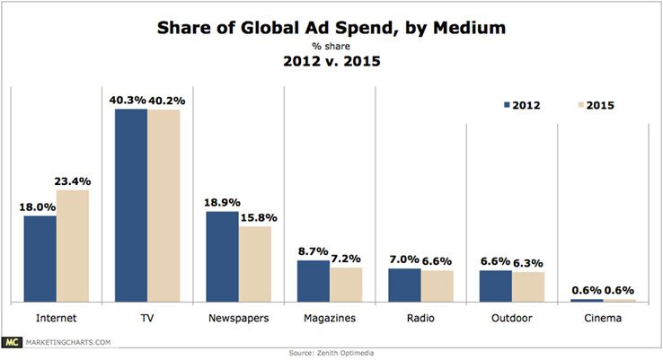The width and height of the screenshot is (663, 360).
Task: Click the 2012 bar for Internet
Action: [40, 259]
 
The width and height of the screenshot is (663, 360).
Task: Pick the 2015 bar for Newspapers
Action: [255, 264]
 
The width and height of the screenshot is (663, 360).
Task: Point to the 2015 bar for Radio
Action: [438, 285]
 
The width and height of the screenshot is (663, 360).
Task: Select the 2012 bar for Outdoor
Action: [496, 285]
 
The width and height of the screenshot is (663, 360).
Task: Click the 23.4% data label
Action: [74, 180]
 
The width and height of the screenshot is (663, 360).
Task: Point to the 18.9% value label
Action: [223, 203]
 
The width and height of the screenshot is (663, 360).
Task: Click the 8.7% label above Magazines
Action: [313, 252]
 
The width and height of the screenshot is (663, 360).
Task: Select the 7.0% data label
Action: [404, 259]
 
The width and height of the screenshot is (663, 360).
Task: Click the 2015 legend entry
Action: [594, 105]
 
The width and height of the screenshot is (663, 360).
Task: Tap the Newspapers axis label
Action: [238, 318]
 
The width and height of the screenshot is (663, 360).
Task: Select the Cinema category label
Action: [602, 318]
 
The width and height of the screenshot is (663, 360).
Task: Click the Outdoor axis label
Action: [511, 318]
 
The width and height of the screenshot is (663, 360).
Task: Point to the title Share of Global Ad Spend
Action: [331, 28]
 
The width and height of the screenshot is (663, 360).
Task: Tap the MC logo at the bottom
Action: [11, 341]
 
